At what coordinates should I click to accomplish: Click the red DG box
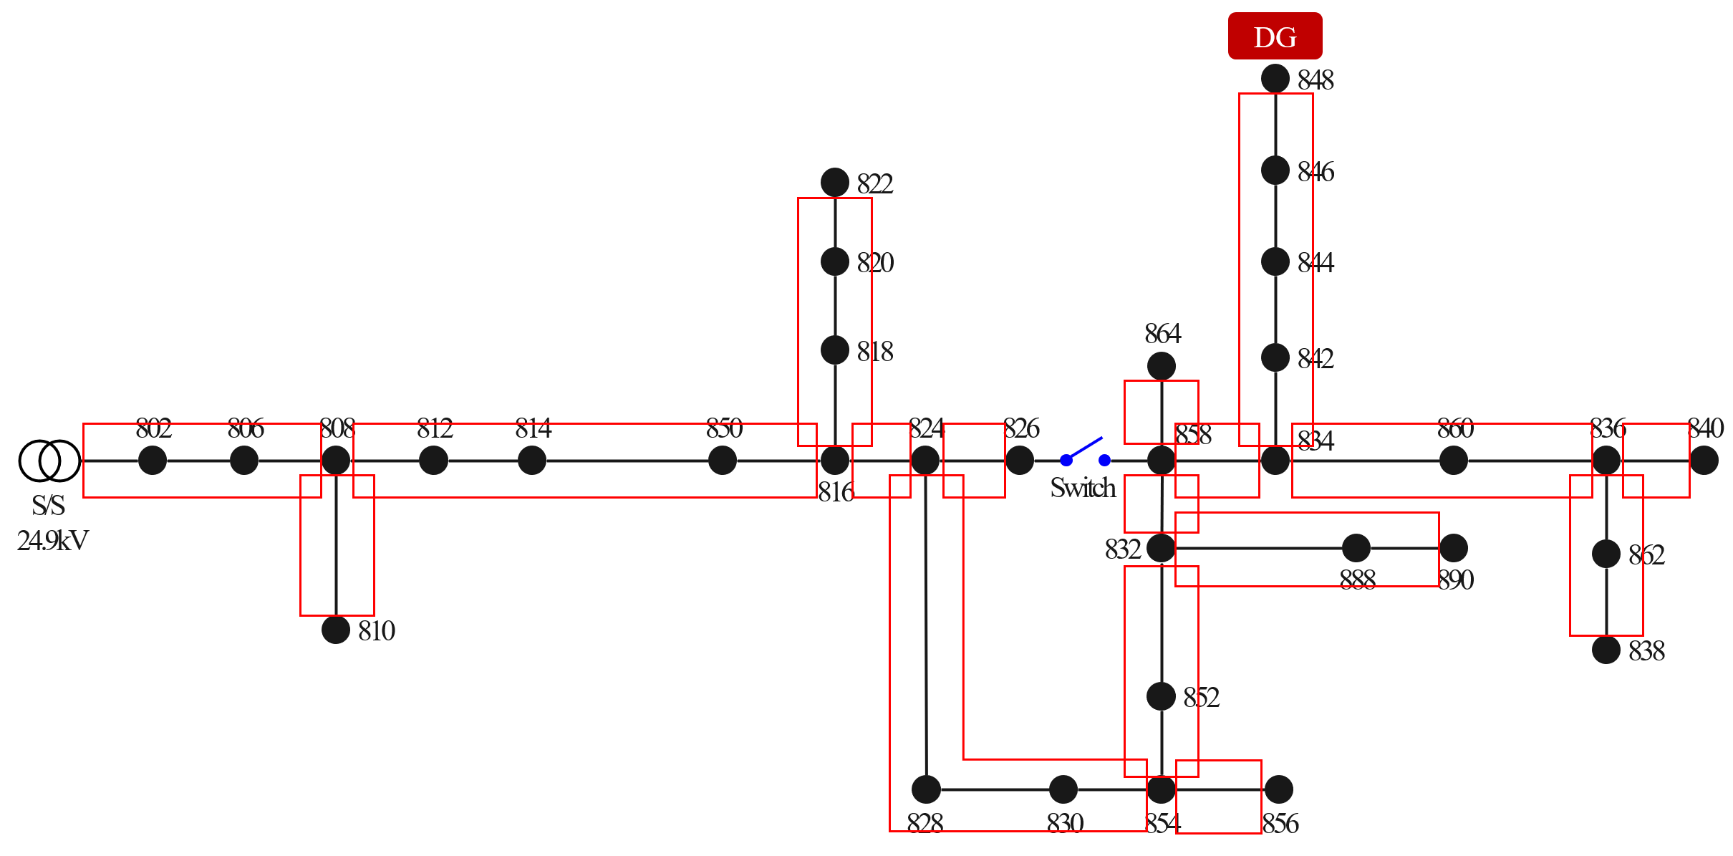[1275, 36]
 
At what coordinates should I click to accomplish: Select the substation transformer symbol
[49, 461]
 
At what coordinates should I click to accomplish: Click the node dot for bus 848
[1275, 78]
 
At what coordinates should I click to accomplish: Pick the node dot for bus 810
[335, 630]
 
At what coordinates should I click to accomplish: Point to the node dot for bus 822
[834, 183]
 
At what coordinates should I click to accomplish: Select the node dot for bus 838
[1606, 650]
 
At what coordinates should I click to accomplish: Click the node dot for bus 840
[1704, 460]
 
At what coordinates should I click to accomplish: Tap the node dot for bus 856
[1278, 789]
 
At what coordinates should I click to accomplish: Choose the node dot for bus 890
[1453, 548]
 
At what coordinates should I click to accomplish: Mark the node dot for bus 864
[1161, 366]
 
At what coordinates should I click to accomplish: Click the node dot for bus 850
[722, 460]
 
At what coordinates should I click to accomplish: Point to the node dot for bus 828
[926, 789]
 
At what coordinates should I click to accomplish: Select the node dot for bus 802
[152, 460]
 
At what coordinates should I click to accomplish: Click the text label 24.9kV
[52, 540]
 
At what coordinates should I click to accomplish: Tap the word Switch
[1083, 488]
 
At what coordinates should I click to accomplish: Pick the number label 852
[1201, 697]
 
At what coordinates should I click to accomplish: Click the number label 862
[1646, 555]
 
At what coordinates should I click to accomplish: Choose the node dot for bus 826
[1019, 460]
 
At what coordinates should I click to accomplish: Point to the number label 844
[1316, 263]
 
